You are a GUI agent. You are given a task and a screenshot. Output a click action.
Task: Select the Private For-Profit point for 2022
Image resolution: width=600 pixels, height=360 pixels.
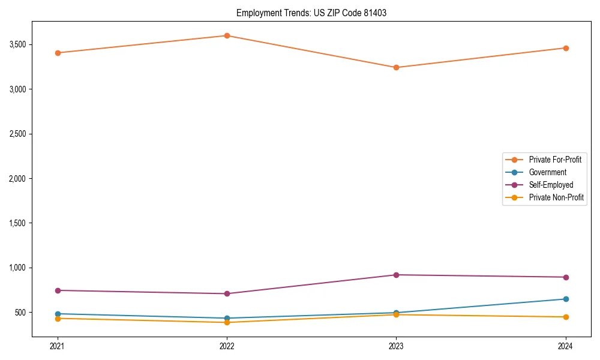coord(227,35)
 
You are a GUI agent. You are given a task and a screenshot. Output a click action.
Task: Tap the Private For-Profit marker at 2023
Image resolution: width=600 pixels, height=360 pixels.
coord(396,67)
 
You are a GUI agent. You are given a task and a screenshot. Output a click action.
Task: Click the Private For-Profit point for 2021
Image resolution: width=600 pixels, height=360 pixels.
coord(58,53)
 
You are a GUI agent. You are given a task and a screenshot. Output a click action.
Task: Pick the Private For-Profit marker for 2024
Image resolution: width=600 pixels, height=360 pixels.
coord(565,48)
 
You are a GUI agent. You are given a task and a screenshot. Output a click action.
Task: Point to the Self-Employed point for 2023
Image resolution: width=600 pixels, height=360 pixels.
coord(396,275)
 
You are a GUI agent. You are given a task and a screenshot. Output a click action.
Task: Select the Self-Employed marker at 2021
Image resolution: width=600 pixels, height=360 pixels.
coord(58,290)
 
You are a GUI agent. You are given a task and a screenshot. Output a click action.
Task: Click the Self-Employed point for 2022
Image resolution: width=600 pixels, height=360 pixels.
coord(227,293)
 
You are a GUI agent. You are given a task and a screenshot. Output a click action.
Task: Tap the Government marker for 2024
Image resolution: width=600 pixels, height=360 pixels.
coord(565,299)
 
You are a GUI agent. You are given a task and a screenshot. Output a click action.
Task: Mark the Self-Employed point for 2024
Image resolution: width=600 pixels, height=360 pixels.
coord(565,277)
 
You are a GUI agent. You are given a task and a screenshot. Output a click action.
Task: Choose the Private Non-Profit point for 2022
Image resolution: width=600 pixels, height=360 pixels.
coord(227,322)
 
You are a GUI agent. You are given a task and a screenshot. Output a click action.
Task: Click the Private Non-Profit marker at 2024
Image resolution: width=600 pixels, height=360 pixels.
coord(565,317)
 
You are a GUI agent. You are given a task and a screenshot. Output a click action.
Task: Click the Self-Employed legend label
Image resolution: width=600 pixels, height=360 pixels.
coord(551,185)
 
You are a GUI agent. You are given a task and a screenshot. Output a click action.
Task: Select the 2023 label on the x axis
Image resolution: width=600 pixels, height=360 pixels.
coord(396,346)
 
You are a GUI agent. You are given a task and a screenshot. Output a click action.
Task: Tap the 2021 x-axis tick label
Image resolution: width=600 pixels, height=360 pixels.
coord(58,346)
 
